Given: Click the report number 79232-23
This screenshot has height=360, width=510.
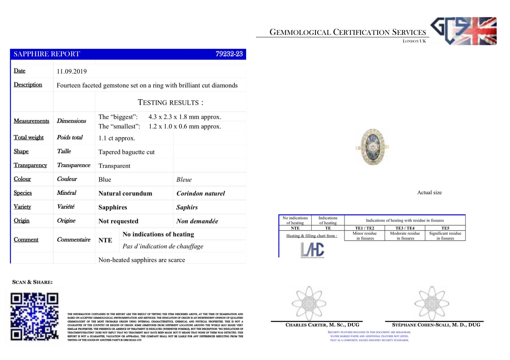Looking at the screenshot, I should (229, 54).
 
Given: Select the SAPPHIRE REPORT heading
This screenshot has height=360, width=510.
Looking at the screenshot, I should (47, 54).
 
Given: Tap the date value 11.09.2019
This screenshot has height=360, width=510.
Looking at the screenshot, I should (72, 71).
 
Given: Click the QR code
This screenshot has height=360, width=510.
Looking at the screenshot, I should (34, 316).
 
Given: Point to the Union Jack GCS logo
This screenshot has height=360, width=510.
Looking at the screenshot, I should (463, 31).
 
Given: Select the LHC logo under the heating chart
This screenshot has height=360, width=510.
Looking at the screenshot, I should (312, 250).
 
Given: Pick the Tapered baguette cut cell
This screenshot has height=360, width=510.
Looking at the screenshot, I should (126, 152).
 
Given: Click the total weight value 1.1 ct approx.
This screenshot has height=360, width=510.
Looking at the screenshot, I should (117, 138).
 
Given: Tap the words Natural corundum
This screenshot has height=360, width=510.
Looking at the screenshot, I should (125, 194).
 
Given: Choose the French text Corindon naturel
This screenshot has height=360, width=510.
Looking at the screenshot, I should (200, 194).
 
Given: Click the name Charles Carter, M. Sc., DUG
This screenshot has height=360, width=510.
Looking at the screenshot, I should (322, 325).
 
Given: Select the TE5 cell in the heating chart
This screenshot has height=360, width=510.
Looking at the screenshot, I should (445, 228).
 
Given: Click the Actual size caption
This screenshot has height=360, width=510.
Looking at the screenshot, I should (429, 192).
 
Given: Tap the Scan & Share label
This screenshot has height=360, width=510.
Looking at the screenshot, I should (32, 282).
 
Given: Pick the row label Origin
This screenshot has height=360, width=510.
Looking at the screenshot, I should (22, 221).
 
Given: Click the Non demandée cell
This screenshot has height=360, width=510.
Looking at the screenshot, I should (197, 221).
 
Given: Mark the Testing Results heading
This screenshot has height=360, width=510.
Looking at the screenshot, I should (171, 102).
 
